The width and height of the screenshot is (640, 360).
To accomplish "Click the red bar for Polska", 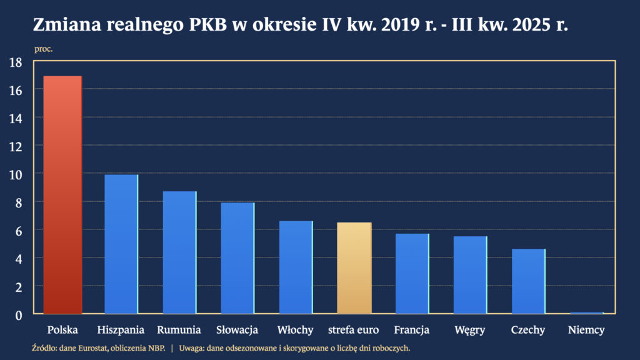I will click(62, 194).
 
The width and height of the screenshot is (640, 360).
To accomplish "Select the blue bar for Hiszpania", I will click(121, 244).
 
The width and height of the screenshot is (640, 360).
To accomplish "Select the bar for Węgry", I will click(470, 274).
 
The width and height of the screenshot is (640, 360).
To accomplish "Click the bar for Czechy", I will click(528, 281).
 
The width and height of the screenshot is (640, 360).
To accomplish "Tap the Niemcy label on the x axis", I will click(586, 330).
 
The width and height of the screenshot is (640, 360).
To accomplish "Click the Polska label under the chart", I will click(62, 329).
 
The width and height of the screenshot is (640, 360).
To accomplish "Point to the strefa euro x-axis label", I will click(354, 329).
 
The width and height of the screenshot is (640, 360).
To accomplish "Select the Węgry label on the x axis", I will click(470, 330).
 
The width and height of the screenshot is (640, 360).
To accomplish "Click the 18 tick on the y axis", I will click(16, 62).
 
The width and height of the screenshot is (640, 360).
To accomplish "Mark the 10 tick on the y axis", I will click(16, 174).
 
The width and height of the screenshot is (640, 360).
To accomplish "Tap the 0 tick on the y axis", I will click(19, 314).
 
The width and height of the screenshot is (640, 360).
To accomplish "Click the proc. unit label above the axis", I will click(43, 49).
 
